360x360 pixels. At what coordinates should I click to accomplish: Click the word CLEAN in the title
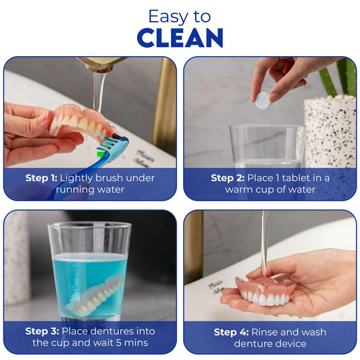click(180, 38)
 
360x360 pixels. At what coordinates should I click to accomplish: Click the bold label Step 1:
click(41, 178)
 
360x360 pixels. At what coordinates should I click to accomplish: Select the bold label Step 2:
click(228, 178)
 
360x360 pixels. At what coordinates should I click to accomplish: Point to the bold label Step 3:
click(43, 331)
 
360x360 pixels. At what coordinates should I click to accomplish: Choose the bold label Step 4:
click(231, 332)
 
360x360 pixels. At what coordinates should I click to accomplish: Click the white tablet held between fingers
click(263, 101)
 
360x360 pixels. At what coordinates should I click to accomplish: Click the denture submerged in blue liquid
click(95, 295)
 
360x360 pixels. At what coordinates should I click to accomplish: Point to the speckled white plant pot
click(330, 132)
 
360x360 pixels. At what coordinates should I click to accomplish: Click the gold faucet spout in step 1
click(101, 63)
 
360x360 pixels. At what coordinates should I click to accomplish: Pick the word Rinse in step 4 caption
click(265, 332)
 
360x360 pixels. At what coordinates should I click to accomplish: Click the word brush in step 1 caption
click(109, 178)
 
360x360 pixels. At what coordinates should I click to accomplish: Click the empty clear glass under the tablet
click(266, 147)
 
